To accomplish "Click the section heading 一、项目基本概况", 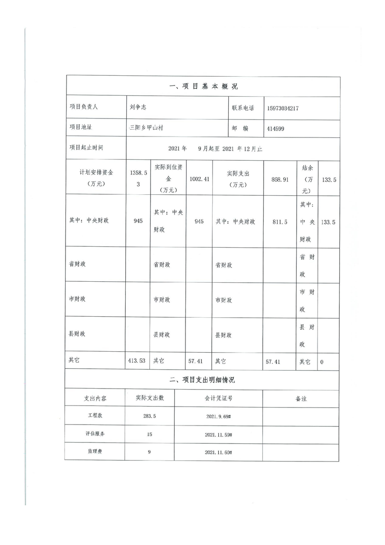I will pyautogui.click(x=203, y=86).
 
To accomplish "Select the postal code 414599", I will pyautogui.click(x=277, y=128).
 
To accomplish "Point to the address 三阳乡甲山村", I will pyautogui.click(x=149, y=128).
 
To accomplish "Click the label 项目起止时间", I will pyautogui.click(x=86, y=148).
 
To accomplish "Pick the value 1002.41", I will pyautogui.click(x=200, y=179).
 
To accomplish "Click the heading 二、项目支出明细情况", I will pyautogui.click(x=203, y=379).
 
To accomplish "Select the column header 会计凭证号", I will pyautogui.click(x=218, y=398).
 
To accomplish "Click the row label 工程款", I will pyautogui.click(x=95, y=416).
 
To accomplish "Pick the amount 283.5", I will pyautogui.click(x=150, y=416).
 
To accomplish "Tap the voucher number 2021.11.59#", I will pyautogui.click(x=218, y=434).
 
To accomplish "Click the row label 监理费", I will pyautogui.click(x=95, y=452).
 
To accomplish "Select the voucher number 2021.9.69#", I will pyautogui.click(x=218, y=416).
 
